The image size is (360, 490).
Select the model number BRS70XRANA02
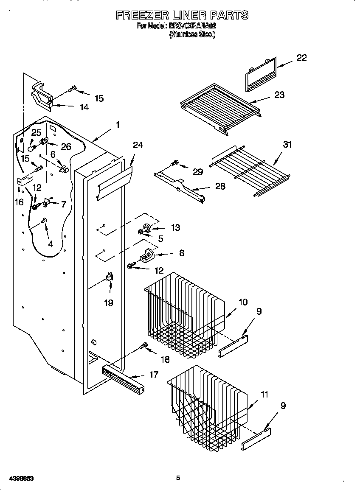192,26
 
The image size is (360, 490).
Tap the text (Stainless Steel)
192,35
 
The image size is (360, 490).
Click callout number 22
301,58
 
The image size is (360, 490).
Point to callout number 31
287,145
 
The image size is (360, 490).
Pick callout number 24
138,145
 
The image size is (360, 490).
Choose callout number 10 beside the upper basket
242,302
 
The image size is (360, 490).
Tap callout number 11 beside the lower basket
264,395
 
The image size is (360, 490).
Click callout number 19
109,303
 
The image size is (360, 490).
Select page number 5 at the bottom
178,478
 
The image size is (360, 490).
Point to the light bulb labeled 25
32,148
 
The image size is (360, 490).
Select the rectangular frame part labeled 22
260,74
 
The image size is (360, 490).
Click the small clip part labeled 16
22,182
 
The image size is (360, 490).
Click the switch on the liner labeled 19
109,278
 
